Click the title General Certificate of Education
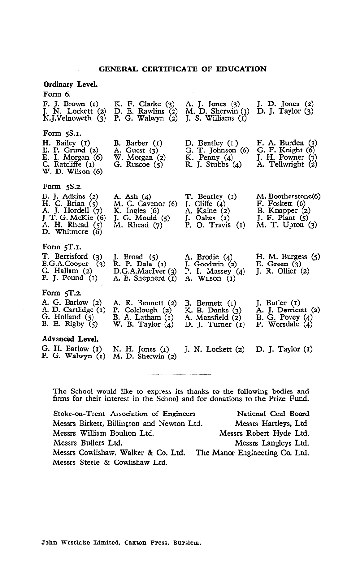tap(182, 69)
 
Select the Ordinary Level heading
tap(63, 84)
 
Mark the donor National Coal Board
tap(273, 414)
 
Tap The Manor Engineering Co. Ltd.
tap(252, 452)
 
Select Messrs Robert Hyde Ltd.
tap(264, 433)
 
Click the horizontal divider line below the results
tap(178, 373)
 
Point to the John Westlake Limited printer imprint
tap(122, 544)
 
